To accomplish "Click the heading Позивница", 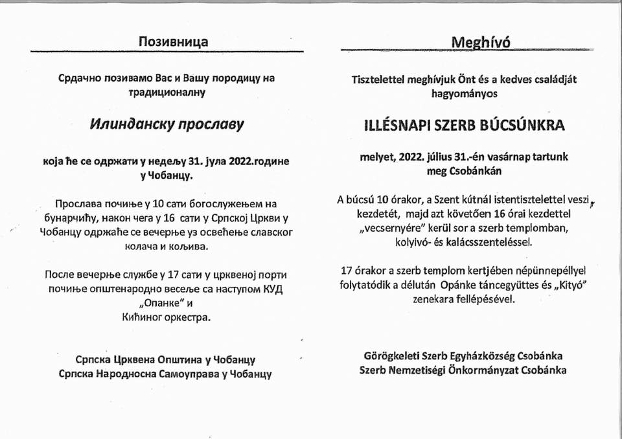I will pyautogui.click(x=174, y=42).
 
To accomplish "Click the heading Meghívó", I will pyautogui.click(x=480, y=42).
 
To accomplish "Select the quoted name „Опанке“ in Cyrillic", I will pyautogui.click(x=154, y=303).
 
